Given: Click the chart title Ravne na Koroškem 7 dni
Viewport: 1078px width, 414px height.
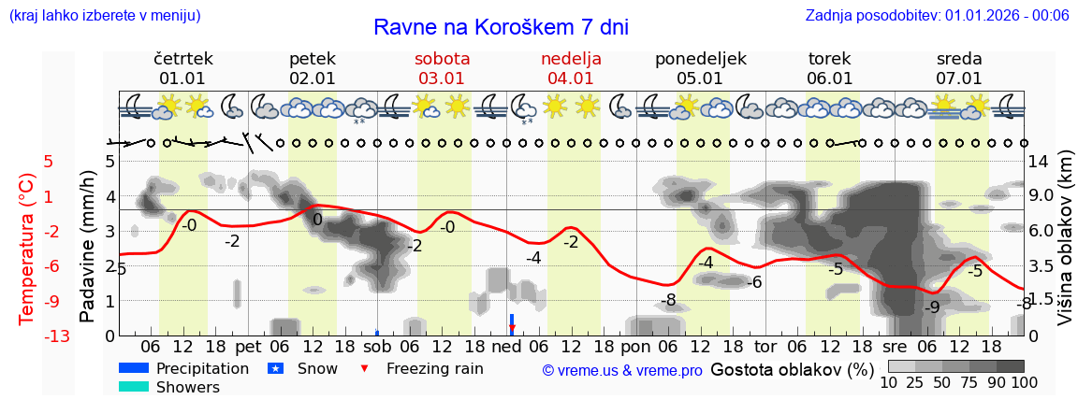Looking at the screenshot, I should click(x=501, y=27).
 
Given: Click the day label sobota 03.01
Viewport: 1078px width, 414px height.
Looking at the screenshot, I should click(x=443, y=68).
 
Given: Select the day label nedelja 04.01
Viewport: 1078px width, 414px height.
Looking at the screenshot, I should click(x=571, y=68).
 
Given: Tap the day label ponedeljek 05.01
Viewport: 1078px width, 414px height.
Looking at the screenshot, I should click(x=700, y=68).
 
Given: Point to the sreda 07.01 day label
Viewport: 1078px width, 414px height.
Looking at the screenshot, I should click(x=959, y=68).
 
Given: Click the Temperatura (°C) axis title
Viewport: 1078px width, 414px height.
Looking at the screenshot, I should click(x=27, y=248).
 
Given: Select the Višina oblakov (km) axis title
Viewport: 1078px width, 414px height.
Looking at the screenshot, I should click(x=1064, y=248).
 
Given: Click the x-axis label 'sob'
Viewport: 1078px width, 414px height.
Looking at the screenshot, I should click(x=377, y=347).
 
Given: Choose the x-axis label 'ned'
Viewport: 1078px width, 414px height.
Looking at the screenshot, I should click(x=506, y=347).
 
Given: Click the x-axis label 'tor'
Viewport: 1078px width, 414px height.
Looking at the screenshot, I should click(x=765, y=347).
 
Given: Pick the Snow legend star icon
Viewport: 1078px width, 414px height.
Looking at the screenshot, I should click(x=276, y=368).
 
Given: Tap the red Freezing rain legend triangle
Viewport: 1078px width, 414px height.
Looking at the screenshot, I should click(x=365, y=368).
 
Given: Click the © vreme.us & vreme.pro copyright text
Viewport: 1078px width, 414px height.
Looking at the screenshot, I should click(x=621, y=370).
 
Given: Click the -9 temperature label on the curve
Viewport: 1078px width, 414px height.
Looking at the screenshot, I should click(x=932, y=307).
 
